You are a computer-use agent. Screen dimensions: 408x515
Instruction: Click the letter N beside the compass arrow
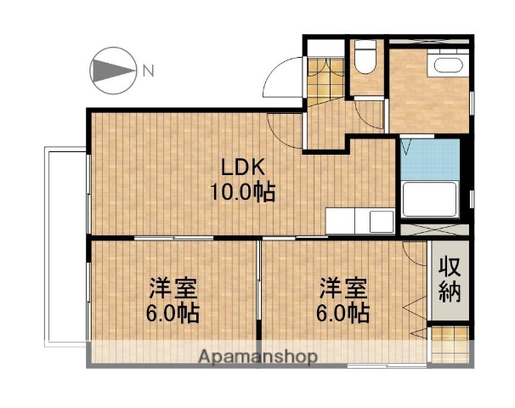click(x=148, y=71)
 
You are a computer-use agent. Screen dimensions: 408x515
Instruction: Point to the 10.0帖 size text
click(x=242, y=192)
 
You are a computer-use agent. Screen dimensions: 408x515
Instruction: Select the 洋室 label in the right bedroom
click(x=342, y=286)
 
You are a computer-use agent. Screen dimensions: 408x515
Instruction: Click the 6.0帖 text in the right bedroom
click(x=342, y=313)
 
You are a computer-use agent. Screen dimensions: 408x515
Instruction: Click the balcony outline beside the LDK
click(x=65, y=246)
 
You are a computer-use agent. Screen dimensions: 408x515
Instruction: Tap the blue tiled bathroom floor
click(x=429, y=161)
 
